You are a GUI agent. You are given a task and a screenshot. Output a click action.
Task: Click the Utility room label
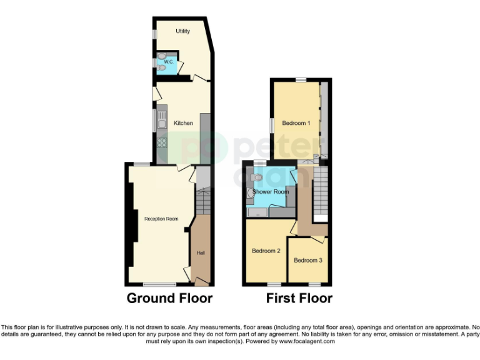(x=182, y=31)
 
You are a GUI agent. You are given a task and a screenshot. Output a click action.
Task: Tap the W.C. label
(x=169, y=62)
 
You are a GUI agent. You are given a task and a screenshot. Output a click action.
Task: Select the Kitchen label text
(x=183, y=123)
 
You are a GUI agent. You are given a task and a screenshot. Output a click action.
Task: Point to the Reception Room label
(x=161, y=219)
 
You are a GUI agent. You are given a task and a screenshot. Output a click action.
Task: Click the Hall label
(x=201, y=252)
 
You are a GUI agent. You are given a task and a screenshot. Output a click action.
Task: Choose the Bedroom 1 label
(x=296, y=123)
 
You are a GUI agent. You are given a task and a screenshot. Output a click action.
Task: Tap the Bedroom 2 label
(x=266, y=251)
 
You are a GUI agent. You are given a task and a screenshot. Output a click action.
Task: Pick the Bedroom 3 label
(x=307, y=260)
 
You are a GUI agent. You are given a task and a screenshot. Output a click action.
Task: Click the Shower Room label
(x=271, y=192)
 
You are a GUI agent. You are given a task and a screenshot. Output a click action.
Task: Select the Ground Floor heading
(x=169, y=298)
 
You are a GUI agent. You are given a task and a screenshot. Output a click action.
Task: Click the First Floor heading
(x=299, y=298)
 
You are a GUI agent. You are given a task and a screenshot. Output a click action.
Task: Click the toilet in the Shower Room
(x=257, y=178)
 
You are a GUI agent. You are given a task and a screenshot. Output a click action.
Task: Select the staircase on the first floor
(x=320, y=191)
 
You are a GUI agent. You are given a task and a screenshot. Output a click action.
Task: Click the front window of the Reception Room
(x=163, y=284)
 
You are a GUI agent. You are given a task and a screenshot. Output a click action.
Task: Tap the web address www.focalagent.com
(x=306, y=341)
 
